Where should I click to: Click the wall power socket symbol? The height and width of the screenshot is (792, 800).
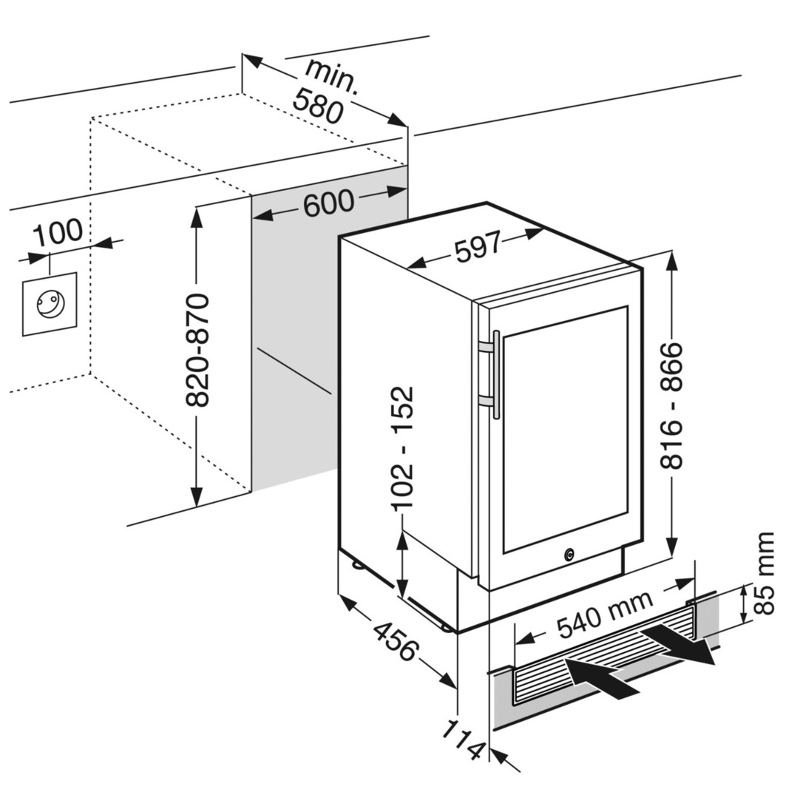coord(50,303)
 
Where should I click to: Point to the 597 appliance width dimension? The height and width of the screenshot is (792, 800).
coord(478,248)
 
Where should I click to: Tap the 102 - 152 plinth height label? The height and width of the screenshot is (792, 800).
coord(403,448)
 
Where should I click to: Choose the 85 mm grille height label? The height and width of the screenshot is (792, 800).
coord(765,572)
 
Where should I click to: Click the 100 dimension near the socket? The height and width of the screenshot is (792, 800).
coord(58,232)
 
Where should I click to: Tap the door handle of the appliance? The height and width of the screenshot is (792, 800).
coord(495,374)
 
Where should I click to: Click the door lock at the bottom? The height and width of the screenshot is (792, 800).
coord(569,553)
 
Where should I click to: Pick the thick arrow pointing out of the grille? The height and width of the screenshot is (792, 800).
coord(679,646)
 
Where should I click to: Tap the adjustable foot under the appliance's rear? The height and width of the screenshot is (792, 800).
coord(359,566)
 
